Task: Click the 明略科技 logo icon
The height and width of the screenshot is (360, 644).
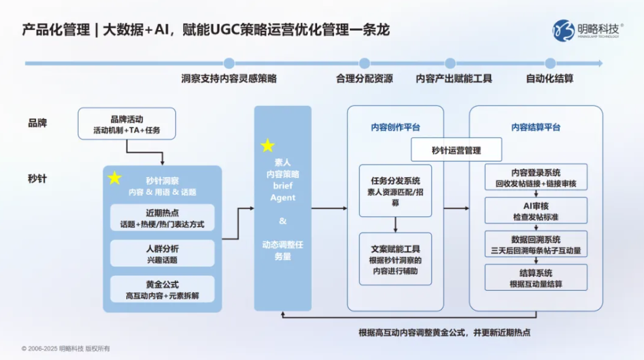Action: click(563, 30)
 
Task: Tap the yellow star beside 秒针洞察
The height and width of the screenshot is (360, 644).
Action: click(114, 178)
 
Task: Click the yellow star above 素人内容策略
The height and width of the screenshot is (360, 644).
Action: click(267, 145)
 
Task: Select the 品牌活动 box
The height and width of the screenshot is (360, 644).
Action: click(127, 123)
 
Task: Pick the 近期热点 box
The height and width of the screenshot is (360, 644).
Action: click(162, 218)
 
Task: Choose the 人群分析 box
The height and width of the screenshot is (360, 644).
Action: click(162, 254)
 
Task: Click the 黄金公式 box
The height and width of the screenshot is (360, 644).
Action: click(162, 289)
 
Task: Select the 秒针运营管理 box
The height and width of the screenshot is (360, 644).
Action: click(456, 150)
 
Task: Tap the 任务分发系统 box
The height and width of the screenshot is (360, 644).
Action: click(396, 191)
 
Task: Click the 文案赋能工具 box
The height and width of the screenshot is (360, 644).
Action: click(396, 259)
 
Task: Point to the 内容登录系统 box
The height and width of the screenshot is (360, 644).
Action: click(536, 177)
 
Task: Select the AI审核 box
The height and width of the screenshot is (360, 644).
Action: click(536, 210)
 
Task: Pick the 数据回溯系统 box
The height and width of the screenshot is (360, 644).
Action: click(536, 244)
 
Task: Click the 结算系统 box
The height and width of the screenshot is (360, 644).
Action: click(536, 278)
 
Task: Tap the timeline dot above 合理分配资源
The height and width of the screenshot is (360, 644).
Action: click(364, 63)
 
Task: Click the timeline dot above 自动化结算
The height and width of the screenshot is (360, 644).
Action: click(551, 63)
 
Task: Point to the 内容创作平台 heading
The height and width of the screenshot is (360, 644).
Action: click(396, 127)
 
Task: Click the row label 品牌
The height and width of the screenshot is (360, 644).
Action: click(37, 123)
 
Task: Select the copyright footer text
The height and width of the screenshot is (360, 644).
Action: click(66, 348)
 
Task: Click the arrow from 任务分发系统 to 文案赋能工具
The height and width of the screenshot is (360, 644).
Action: click(396, 225)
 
